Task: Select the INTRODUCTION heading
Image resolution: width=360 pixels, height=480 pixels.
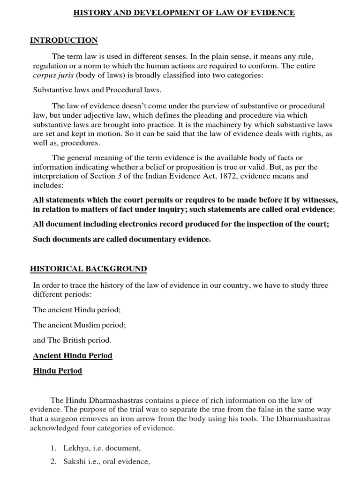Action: click(x=64, y=40)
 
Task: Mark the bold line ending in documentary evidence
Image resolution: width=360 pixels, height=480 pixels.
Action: click(x=122, y=239)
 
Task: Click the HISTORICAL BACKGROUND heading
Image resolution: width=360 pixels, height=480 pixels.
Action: click(x=89, y=269)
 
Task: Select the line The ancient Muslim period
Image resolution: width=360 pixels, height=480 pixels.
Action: click(x=79, y=325)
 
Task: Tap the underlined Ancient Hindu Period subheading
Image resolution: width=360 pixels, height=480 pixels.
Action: click(x=73, y=355)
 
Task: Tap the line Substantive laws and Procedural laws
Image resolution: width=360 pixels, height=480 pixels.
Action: click(x=97, y=90)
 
